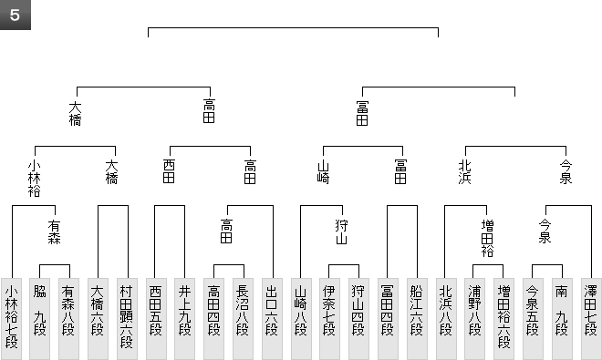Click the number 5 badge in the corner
pos(15,15)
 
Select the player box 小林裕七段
pos(11,319)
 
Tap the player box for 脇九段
pos(39,319)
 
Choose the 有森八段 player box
pos(68,319)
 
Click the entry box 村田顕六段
pos(127,319)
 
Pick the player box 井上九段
pos(184,319)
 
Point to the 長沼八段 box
pos(243,319)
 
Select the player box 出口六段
pos(272,319)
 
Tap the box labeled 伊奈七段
pos(329,319)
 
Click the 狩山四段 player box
pos(358,319)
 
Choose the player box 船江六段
pos(417,319)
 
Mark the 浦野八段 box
pos(475,319)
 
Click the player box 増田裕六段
pos(503,319)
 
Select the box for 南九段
pos(562,319)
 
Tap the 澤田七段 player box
pos(591,319)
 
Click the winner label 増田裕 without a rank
pos(487,238)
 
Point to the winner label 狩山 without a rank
pos(341,231)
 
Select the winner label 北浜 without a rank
pos(464,172)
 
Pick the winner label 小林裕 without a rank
pos(34,179)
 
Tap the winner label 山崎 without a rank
pos(323,172)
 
